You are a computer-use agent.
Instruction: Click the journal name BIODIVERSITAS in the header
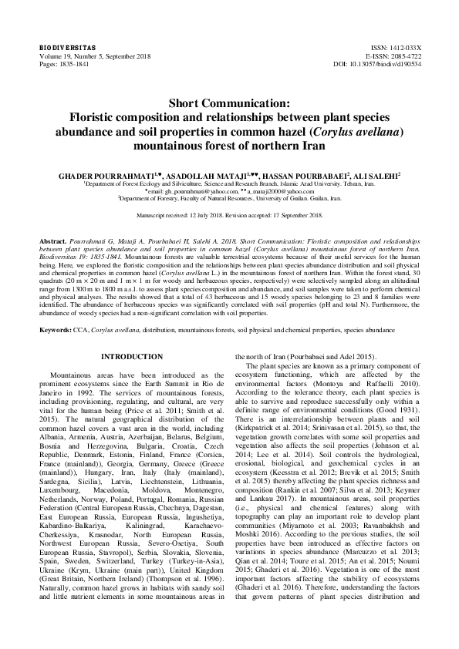[61, 47]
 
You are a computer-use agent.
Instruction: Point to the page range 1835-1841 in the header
[70, 64]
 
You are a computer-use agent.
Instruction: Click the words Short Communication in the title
[229, 102]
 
